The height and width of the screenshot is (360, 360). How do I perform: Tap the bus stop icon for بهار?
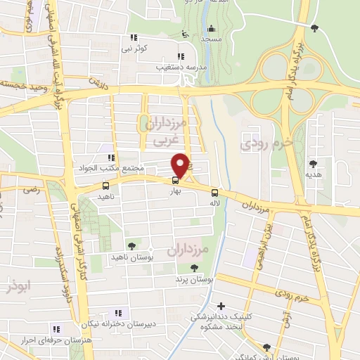tap(176, 179)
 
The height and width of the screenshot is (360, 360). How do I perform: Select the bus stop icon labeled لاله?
tap(214, 193)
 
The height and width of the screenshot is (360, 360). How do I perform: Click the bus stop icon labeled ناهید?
tap(105, 186)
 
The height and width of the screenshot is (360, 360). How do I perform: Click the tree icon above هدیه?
tap(313, 163)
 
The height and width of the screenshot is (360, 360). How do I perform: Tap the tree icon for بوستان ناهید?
tap(131, 245)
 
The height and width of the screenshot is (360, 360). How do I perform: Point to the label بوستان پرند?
tap(193, 278)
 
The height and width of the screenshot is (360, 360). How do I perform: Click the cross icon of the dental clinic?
tap(221, 306)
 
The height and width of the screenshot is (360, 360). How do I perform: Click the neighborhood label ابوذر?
tap(14, 288)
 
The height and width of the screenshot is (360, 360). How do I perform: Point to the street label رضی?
tap(31, 190)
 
